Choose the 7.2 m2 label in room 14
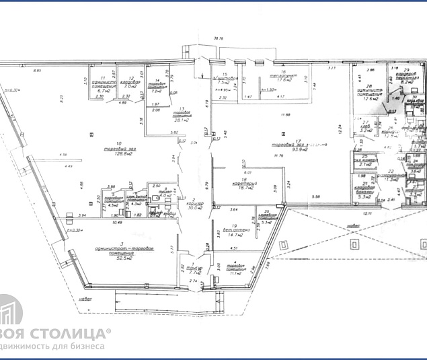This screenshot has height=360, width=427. click(157, 91)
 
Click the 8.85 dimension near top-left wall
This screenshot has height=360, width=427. click(38, 69)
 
